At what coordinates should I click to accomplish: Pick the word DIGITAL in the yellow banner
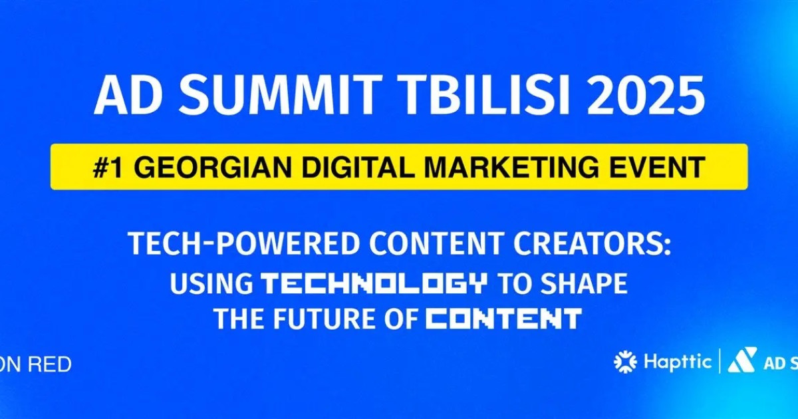click(x=342, y=167)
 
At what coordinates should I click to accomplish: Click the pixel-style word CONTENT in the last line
click(x=504, y=319)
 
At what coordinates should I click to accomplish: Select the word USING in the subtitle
click(x=211, y=283)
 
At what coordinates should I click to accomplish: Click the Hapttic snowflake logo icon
click(x=625, y=362)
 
